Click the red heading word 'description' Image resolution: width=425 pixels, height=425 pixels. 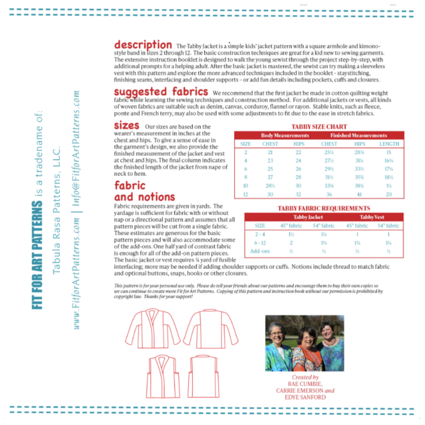click(143, 44)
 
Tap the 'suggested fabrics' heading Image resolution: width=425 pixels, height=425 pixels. click(161, 92)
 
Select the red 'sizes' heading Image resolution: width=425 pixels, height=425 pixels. click(126, 126)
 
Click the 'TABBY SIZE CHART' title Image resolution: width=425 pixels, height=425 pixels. click(319, 127)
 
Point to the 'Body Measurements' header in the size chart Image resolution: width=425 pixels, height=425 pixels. click(285, 135)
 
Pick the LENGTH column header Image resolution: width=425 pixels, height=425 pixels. click(389, 144)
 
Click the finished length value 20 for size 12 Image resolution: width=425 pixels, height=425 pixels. click(389, 194)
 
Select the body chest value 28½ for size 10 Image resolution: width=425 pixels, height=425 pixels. click(270, 186)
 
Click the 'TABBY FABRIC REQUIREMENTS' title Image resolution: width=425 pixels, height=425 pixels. click(323, 208)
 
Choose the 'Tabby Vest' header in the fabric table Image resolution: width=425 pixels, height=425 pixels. click(371, 217)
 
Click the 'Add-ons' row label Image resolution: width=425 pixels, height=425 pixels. click(260, 251)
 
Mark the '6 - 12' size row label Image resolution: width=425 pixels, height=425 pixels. click(260, 243)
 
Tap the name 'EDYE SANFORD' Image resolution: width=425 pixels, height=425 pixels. click(305, 397)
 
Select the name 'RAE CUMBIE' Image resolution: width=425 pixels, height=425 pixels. click(305, 384)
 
